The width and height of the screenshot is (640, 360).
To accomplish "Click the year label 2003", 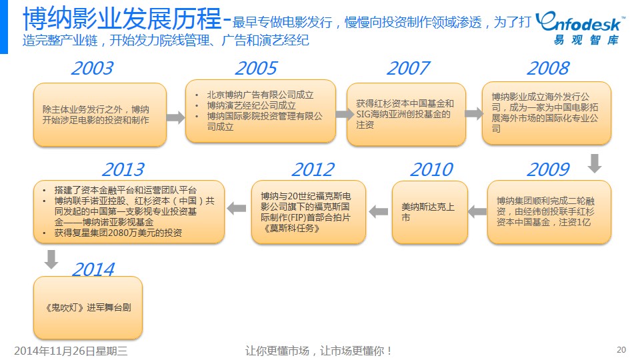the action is [x=92, y=68].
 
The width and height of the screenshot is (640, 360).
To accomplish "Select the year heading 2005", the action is [x=256, y=68].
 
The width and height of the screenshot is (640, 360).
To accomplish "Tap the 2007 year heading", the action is [x=408, y=68].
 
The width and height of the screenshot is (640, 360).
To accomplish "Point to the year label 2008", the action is [x=548, y=68].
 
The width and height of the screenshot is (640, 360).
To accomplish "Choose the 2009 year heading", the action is [x=548, y=169].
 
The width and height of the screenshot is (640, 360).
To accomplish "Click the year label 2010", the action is [x=431, y=169].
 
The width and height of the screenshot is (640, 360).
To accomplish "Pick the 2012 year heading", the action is [x=313, y=169].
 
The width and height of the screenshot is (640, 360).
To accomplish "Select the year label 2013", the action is [x=123, y=169].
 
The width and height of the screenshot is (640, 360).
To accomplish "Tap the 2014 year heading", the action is [x=93, y=269].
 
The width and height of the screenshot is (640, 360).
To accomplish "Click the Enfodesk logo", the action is [x=580, y=28].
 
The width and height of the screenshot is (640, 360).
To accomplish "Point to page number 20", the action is [x=621, y=350].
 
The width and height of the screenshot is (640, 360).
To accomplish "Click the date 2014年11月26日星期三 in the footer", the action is [x=71, y=351].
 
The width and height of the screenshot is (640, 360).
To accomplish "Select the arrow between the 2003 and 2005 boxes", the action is [x=175, y=117].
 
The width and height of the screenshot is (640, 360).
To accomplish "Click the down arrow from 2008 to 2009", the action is [x=595, y=163].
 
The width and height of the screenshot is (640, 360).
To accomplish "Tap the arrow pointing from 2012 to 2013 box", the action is [x=236, y=208].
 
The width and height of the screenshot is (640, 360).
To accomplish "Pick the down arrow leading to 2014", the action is [x=51, y=259].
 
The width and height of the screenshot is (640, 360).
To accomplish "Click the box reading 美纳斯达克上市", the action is [x=430, y=212].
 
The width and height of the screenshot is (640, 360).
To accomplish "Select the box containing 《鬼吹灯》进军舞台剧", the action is [x=88, y=308].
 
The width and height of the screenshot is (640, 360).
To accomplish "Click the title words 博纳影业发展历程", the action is [x=122, y=19].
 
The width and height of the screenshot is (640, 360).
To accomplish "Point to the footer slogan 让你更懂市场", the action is [x=277, y=351].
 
